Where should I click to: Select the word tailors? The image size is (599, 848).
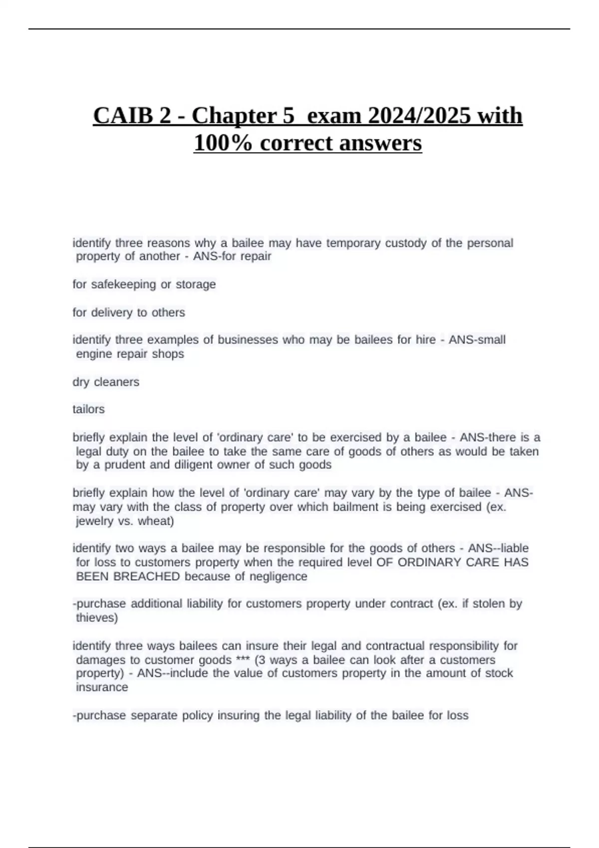pos(88,409)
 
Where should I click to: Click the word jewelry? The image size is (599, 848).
pos(95,521)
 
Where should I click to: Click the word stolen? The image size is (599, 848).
pos(489,604)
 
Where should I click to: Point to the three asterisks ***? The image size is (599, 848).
pos(243,660)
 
